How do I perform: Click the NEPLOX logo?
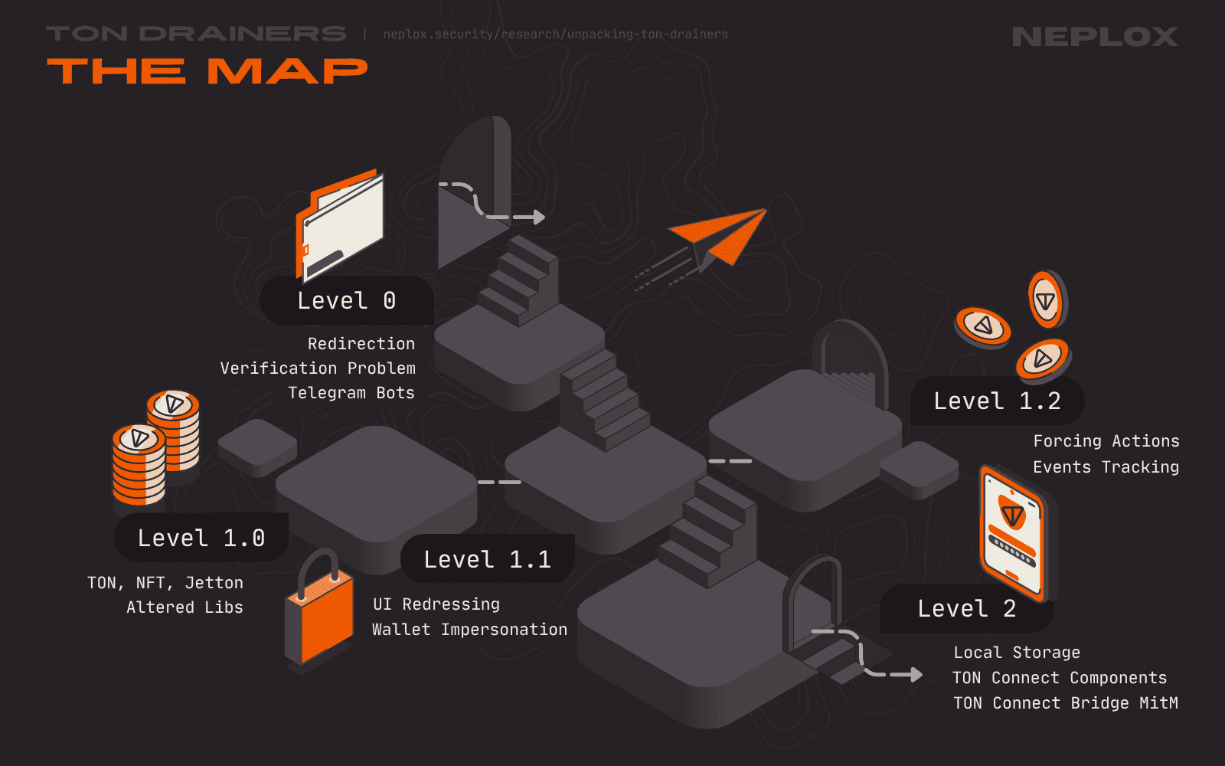[1094, 36]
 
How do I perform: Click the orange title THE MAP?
[207, 71]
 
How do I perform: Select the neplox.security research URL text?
[555, 34]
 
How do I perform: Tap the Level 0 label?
[346, 301]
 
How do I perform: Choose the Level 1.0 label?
[201, 538]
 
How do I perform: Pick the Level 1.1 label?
[488, 559]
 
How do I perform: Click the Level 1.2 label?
[997, 401]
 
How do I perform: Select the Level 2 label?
[967, 609]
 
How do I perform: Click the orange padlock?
[319, 613]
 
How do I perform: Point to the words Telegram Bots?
[351, 393]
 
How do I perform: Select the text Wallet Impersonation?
[469, 630]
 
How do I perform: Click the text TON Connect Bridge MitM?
[1065, 703]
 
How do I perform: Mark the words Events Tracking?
[1106, 467]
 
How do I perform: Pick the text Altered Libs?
[185, 607]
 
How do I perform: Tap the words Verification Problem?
[318, 368]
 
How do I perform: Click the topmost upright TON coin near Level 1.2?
[1046, 299]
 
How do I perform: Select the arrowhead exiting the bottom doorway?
[915, 675]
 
